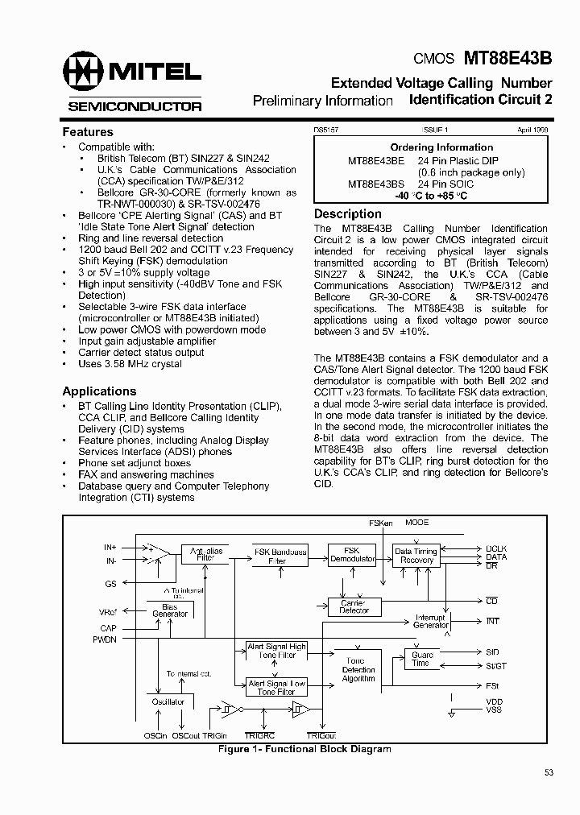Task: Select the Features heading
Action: coord(88,132)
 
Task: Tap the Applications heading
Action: coord(99,391)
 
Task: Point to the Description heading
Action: coord(347,214)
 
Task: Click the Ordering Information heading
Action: coord(441,147)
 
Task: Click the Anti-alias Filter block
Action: coord(206,555)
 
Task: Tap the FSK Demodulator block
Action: coord(351,555)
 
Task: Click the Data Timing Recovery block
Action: coord(416,556)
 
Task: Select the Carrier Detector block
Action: coord(354,606)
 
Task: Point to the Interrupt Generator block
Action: coord(431,621)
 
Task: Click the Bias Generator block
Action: coord(170,610)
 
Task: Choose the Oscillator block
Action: coord(168,702)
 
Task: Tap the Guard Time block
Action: coord(421,659)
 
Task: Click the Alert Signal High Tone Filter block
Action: coord(276,651)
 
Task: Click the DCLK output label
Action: coord(496,548)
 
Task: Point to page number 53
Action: coord(549,773)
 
